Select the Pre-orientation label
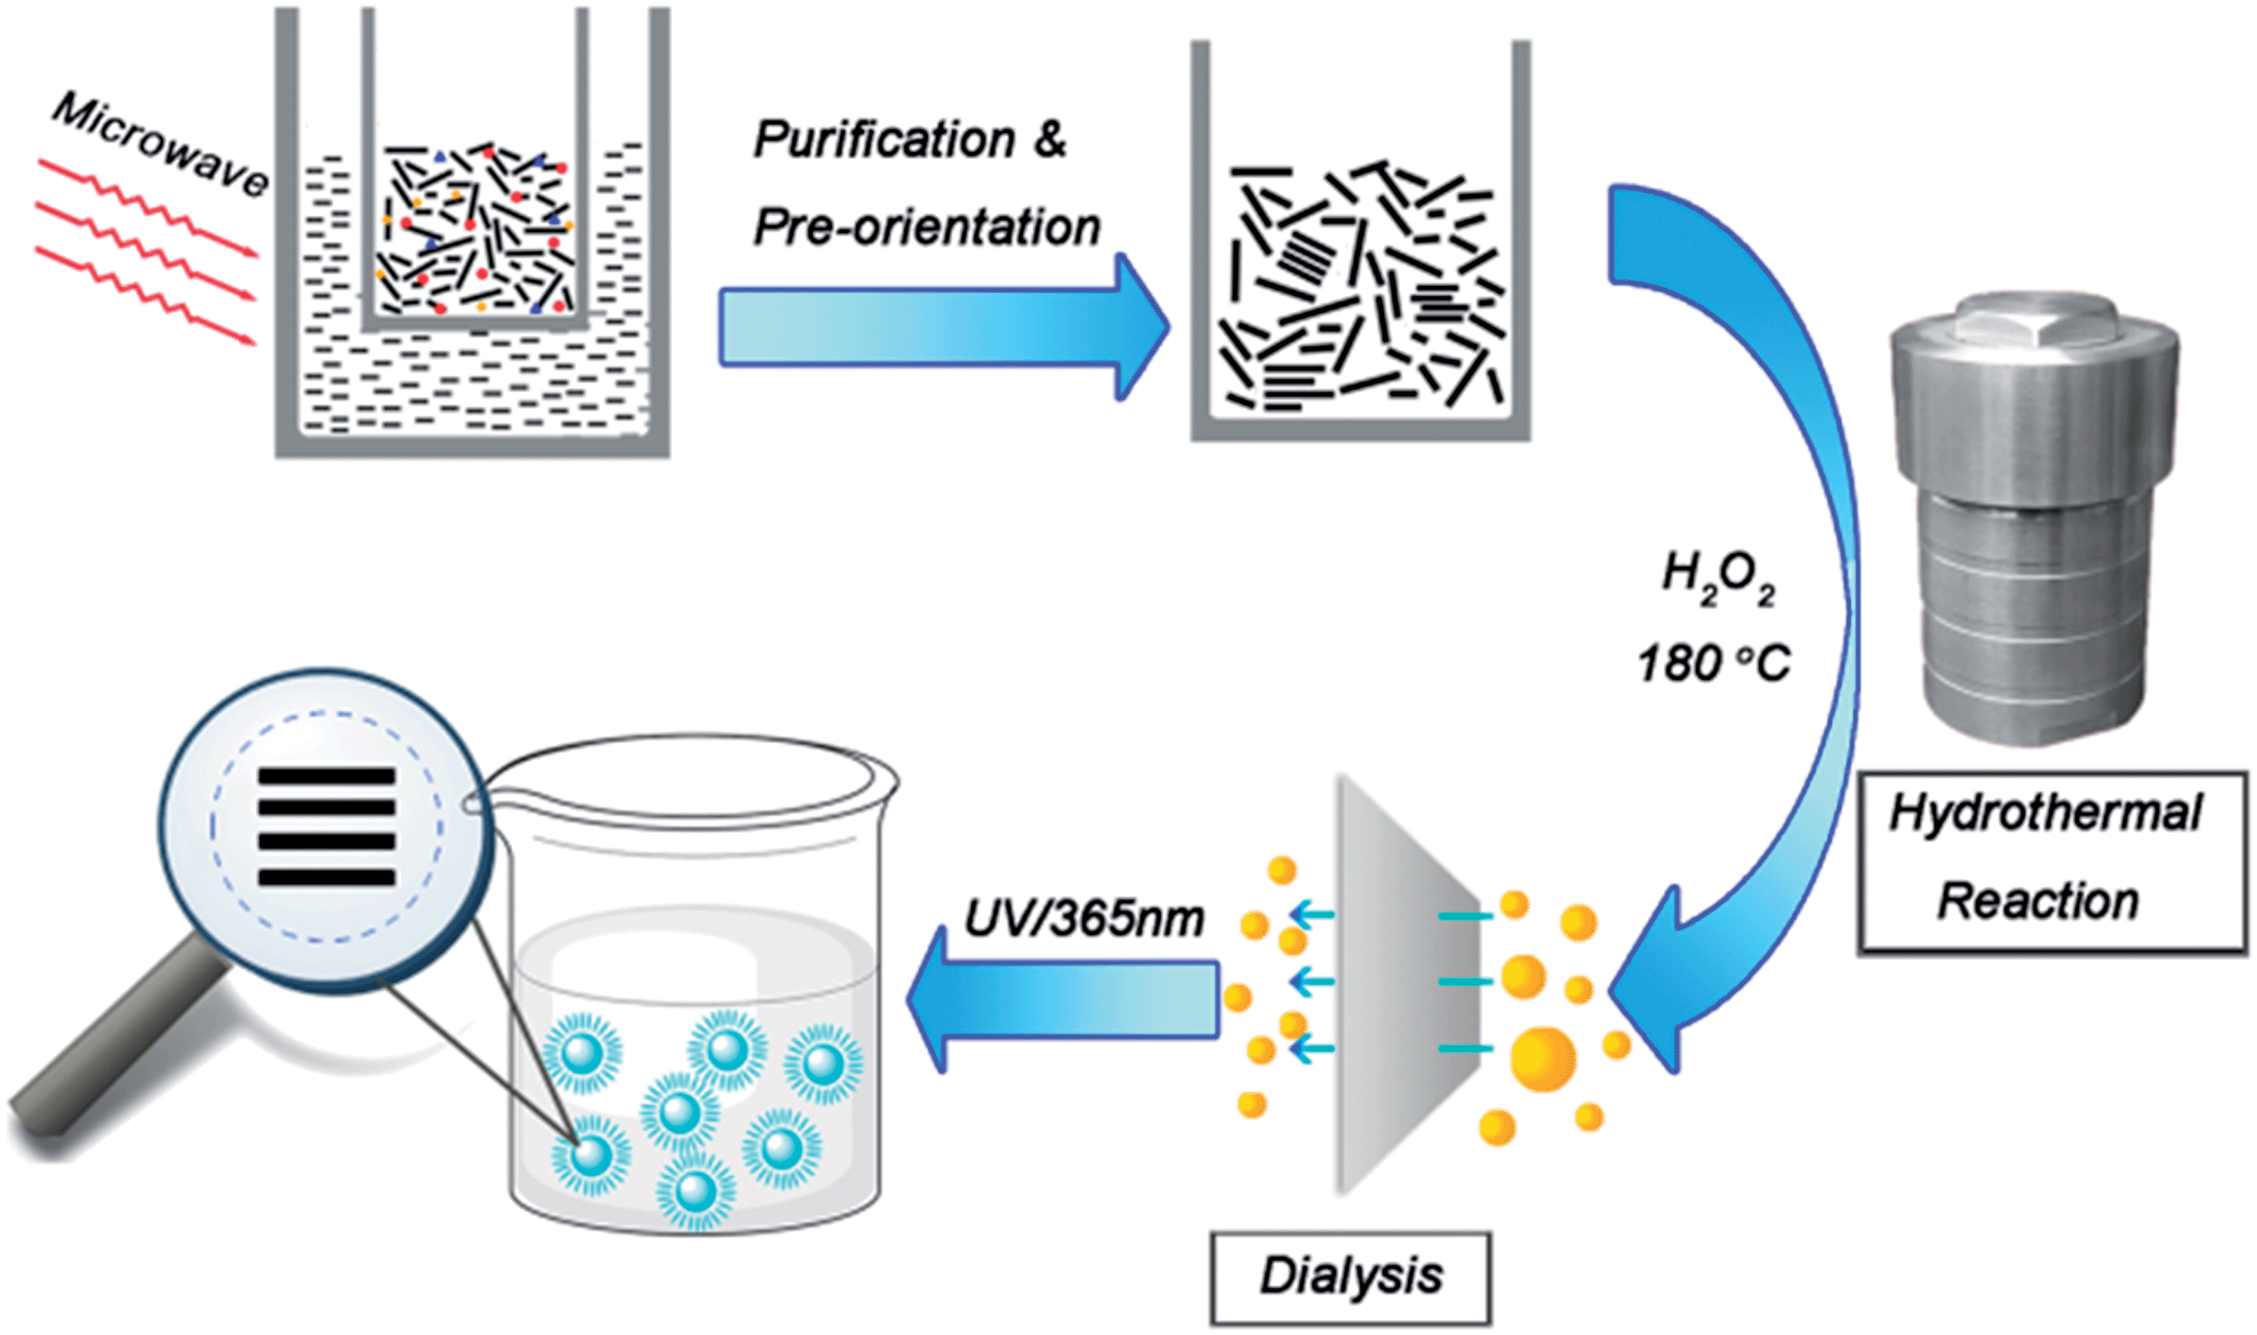pyautogui.click(x=926, y=227)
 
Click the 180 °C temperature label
pyautogui.click(x=1714, y=664)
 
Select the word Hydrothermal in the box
pyautogui.click(x=2045, y=813)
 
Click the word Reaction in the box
pyautogui.click(x=2037, y=901)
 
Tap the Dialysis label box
pyautogui.click(x=1351, y=1277)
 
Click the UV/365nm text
pyautogui.click(x=1083, y=919)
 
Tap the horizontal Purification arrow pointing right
pyautogui.click(x=935, y=326)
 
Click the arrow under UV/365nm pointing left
pyautogui.click(x=1061, y=999)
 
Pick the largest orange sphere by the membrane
pyautogui.click(x=1542, y=1059)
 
